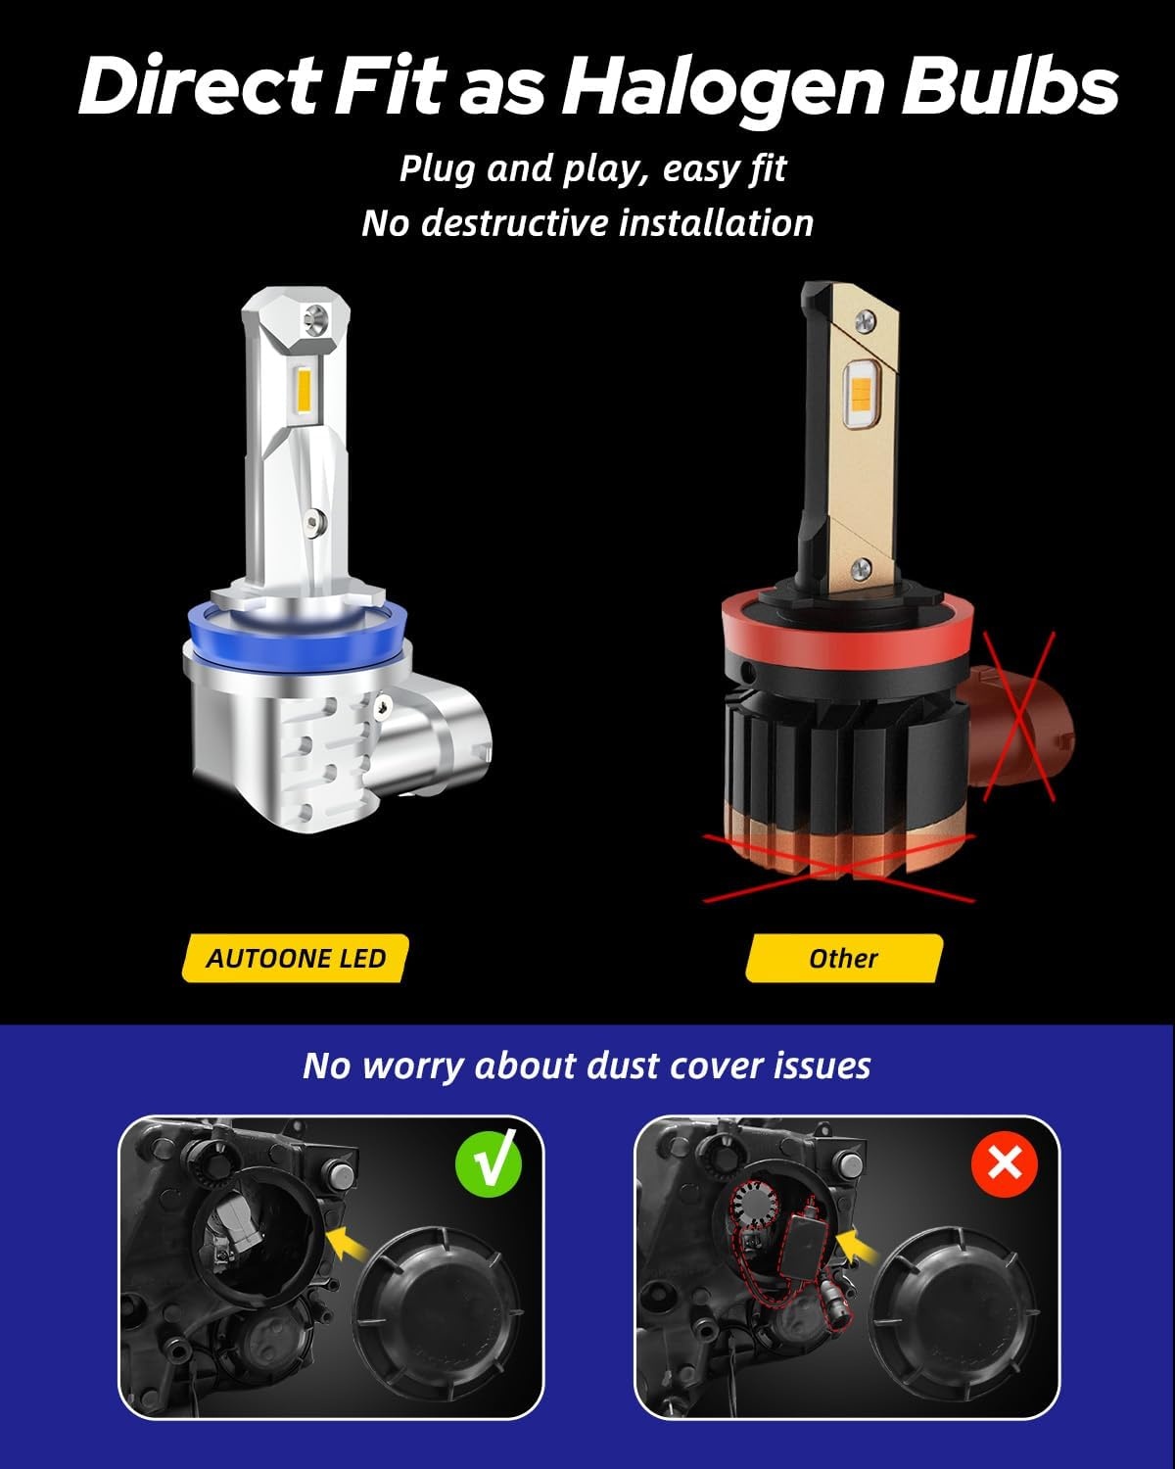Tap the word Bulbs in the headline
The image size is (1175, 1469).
1010,86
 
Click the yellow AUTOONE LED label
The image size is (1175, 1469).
296,959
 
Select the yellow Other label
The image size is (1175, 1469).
844,959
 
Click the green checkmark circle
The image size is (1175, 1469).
489,1163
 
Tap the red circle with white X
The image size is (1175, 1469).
1005,1163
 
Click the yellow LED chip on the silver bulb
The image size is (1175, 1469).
303,390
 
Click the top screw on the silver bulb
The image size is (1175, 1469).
317,315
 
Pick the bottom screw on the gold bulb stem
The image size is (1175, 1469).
863,566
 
